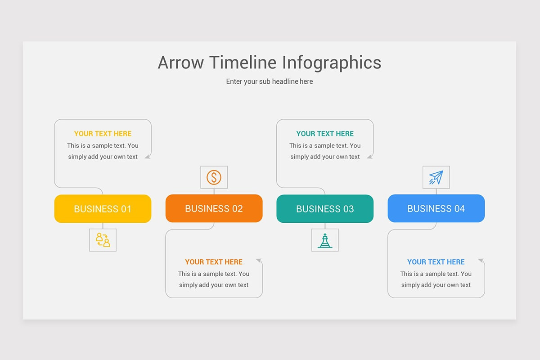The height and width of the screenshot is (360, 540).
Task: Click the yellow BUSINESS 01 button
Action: coord(103,209)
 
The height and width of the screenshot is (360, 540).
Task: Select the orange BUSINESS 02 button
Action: coord(214,208)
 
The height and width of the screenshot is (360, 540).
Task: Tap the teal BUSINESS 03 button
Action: coord(325,209)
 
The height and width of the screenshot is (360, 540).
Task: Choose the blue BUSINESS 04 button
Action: coord(436,208)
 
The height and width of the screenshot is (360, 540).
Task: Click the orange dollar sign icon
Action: coord(214,177)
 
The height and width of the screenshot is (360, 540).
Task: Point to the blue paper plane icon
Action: coord(436,177)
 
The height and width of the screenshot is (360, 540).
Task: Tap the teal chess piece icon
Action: coord(325,240)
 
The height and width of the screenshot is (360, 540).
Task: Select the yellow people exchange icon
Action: coord(103,240)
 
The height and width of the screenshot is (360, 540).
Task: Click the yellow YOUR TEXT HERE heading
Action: coord(103,134)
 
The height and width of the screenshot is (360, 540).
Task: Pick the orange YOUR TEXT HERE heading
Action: coord(214,262)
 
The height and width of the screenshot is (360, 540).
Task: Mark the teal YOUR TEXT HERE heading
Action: coord(325,134)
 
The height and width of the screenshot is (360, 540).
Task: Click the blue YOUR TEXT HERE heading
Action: coord(436,262)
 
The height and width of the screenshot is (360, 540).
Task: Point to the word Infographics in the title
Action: coord(332,63)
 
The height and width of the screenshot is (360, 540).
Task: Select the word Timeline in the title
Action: coord(243,63)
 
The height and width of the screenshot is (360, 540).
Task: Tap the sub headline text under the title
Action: coord(270,81)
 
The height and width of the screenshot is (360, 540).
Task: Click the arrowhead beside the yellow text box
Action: coord(148,156)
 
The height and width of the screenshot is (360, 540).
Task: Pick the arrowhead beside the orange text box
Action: coord(259,261)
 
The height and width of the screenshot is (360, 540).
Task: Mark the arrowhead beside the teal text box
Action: coord(370,156)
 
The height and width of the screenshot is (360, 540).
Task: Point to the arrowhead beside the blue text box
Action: coord(481,261)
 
